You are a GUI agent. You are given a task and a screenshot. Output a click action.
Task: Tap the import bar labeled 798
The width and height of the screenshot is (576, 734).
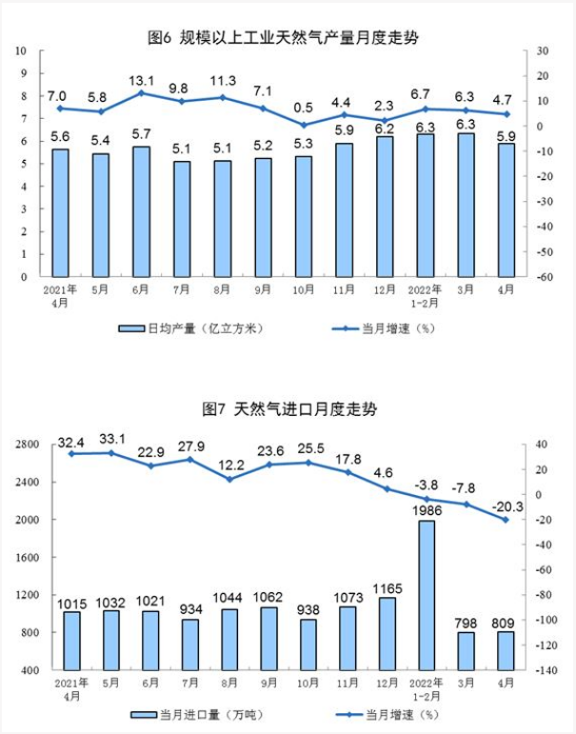pyautogui.click(x=465, y=651)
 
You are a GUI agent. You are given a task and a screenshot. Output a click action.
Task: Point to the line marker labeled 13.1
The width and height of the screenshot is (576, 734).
pyautogui.click(x=141, y=93)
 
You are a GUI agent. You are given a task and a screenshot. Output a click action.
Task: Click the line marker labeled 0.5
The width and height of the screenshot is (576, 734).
pyautogui.click(x=303, y=125)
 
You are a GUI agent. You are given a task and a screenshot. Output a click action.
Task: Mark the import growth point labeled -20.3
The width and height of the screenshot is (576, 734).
pyautogui.click(x=506, y=520)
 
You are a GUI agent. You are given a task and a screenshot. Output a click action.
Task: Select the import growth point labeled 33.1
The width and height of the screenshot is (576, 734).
pyautogui.click(x=110, y=453)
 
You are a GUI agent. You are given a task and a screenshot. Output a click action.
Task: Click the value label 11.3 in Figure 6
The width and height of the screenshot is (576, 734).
pyautogui.click(x=222, y=80)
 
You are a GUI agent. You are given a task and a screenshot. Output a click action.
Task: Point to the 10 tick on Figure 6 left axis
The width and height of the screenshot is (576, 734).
pyautogui.click(x=21, y=50)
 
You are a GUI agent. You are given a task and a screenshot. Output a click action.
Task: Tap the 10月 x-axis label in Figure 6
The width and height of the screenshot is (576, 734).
pyautogui.click(x=303, y=288)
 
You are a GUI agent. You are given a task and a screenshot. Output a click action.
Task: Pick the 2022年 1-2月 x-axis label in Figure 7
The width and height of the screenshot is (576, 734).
pyautogui.click(x=425, y=689)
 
